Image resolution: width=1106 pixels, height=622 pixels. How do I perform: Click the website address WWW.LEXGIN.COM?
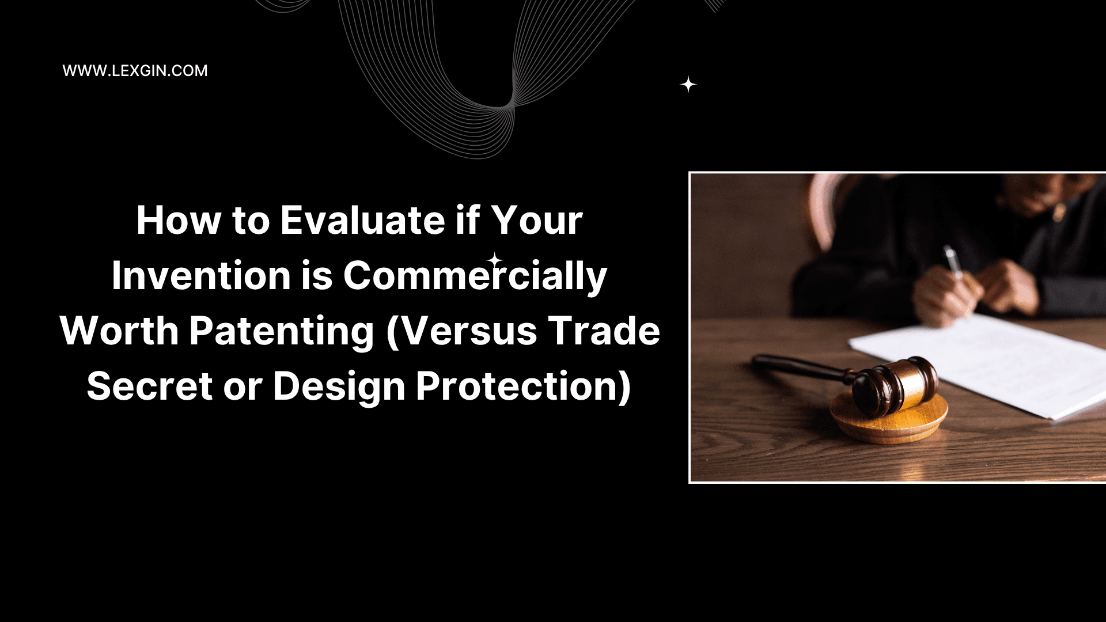(135, 71)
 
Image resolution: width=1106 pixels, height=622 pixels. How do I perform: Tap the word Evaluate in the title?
(363, 221)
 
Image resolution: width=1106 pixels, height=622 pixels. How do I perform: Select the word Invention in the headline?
(201, 275)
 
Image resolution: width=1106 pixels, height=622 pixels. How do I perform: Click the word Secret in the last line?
(150, 386)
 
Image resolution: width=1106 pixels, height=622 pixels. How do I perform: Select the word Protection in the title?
(524, 387)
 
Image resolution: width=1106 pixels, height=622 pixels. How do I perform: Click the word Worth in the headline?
(119, 331)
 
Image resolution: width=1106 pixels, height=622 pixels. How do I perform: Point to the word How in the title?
(179, 221)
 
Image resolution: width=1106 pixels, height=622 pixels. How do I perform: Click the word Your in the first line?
(537, 221)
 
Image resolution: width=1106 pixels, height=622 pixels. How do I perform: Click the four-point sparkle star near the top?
(688, 85)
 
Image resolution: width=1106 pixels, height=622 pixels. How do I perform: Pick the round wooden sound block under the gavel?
(889, 419)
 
